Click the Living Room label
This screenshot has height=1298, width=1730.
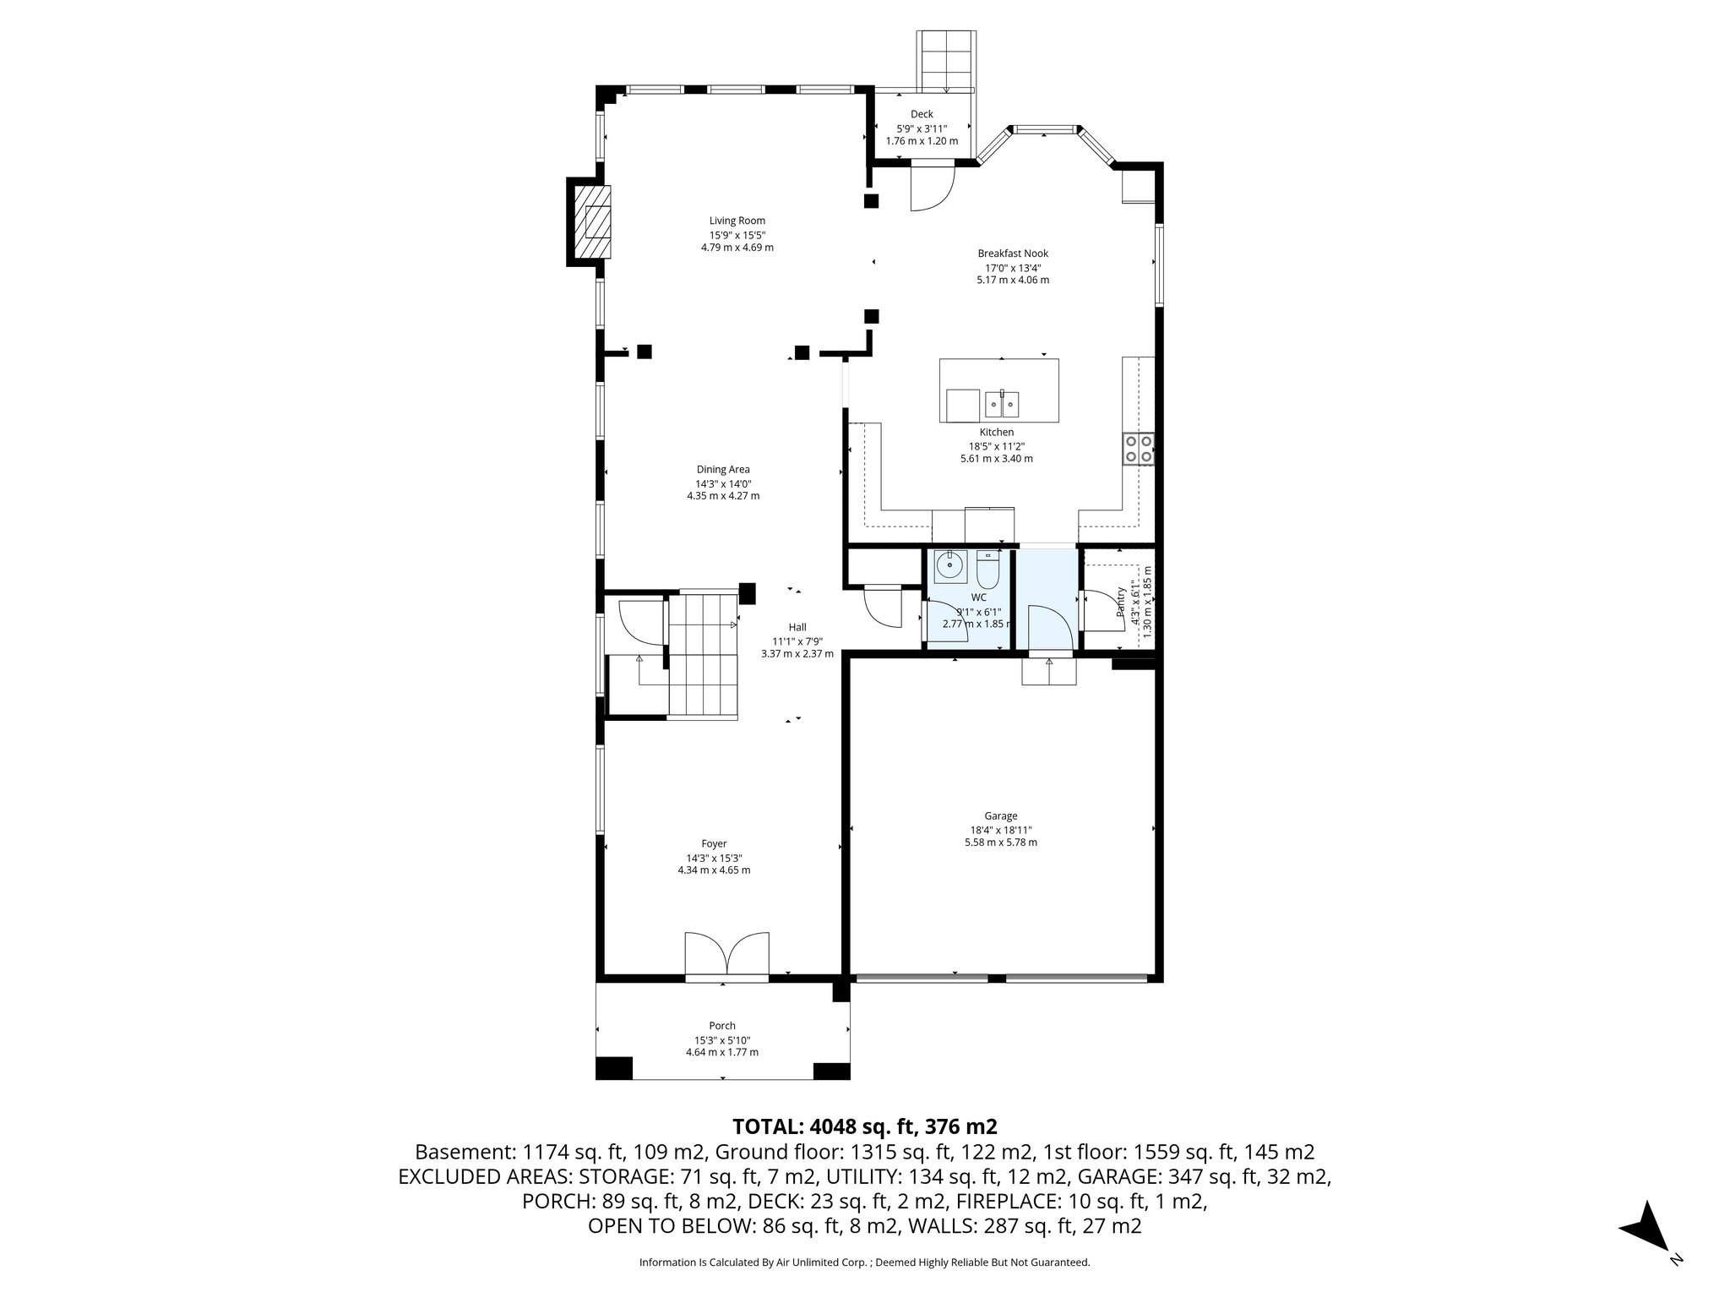(x=737, y=221)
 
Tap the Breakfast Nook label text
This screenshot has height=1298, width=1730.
(x=1013, y=253)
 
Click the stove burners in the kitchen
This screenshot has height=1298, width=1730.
(x=1138, y=448)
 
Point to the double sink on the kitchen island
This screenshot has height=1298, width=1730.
(x=1002, y=404)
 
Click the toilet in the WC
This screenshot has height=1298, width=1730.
(x=987, y=571)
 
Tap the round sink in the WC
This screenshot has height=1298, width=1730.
(x=950, y=564)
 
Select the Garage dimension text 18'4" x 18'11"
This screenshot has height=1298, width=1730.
(x=1000, y=830)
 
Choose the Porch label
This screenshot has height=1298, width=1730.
(x=722, y=1026)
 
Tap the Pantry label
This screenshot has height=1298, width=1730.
(x=1121, y=602)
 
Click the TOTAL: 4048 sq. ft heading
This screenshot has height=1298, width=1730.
(x=864, y=1126)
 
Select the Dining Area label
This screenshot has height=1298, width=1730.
(x=723, y=469)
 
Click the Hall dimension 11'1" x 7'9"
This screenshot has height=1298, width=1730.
(x=797, y=641)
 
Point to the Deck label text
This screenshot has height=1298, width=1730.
(x=922, y=114)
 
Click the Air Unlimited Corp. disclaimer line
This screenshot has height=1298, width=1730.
(x=864, y=1263)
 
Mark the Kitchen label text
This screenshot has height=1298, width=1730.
(x=996, y=432)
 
